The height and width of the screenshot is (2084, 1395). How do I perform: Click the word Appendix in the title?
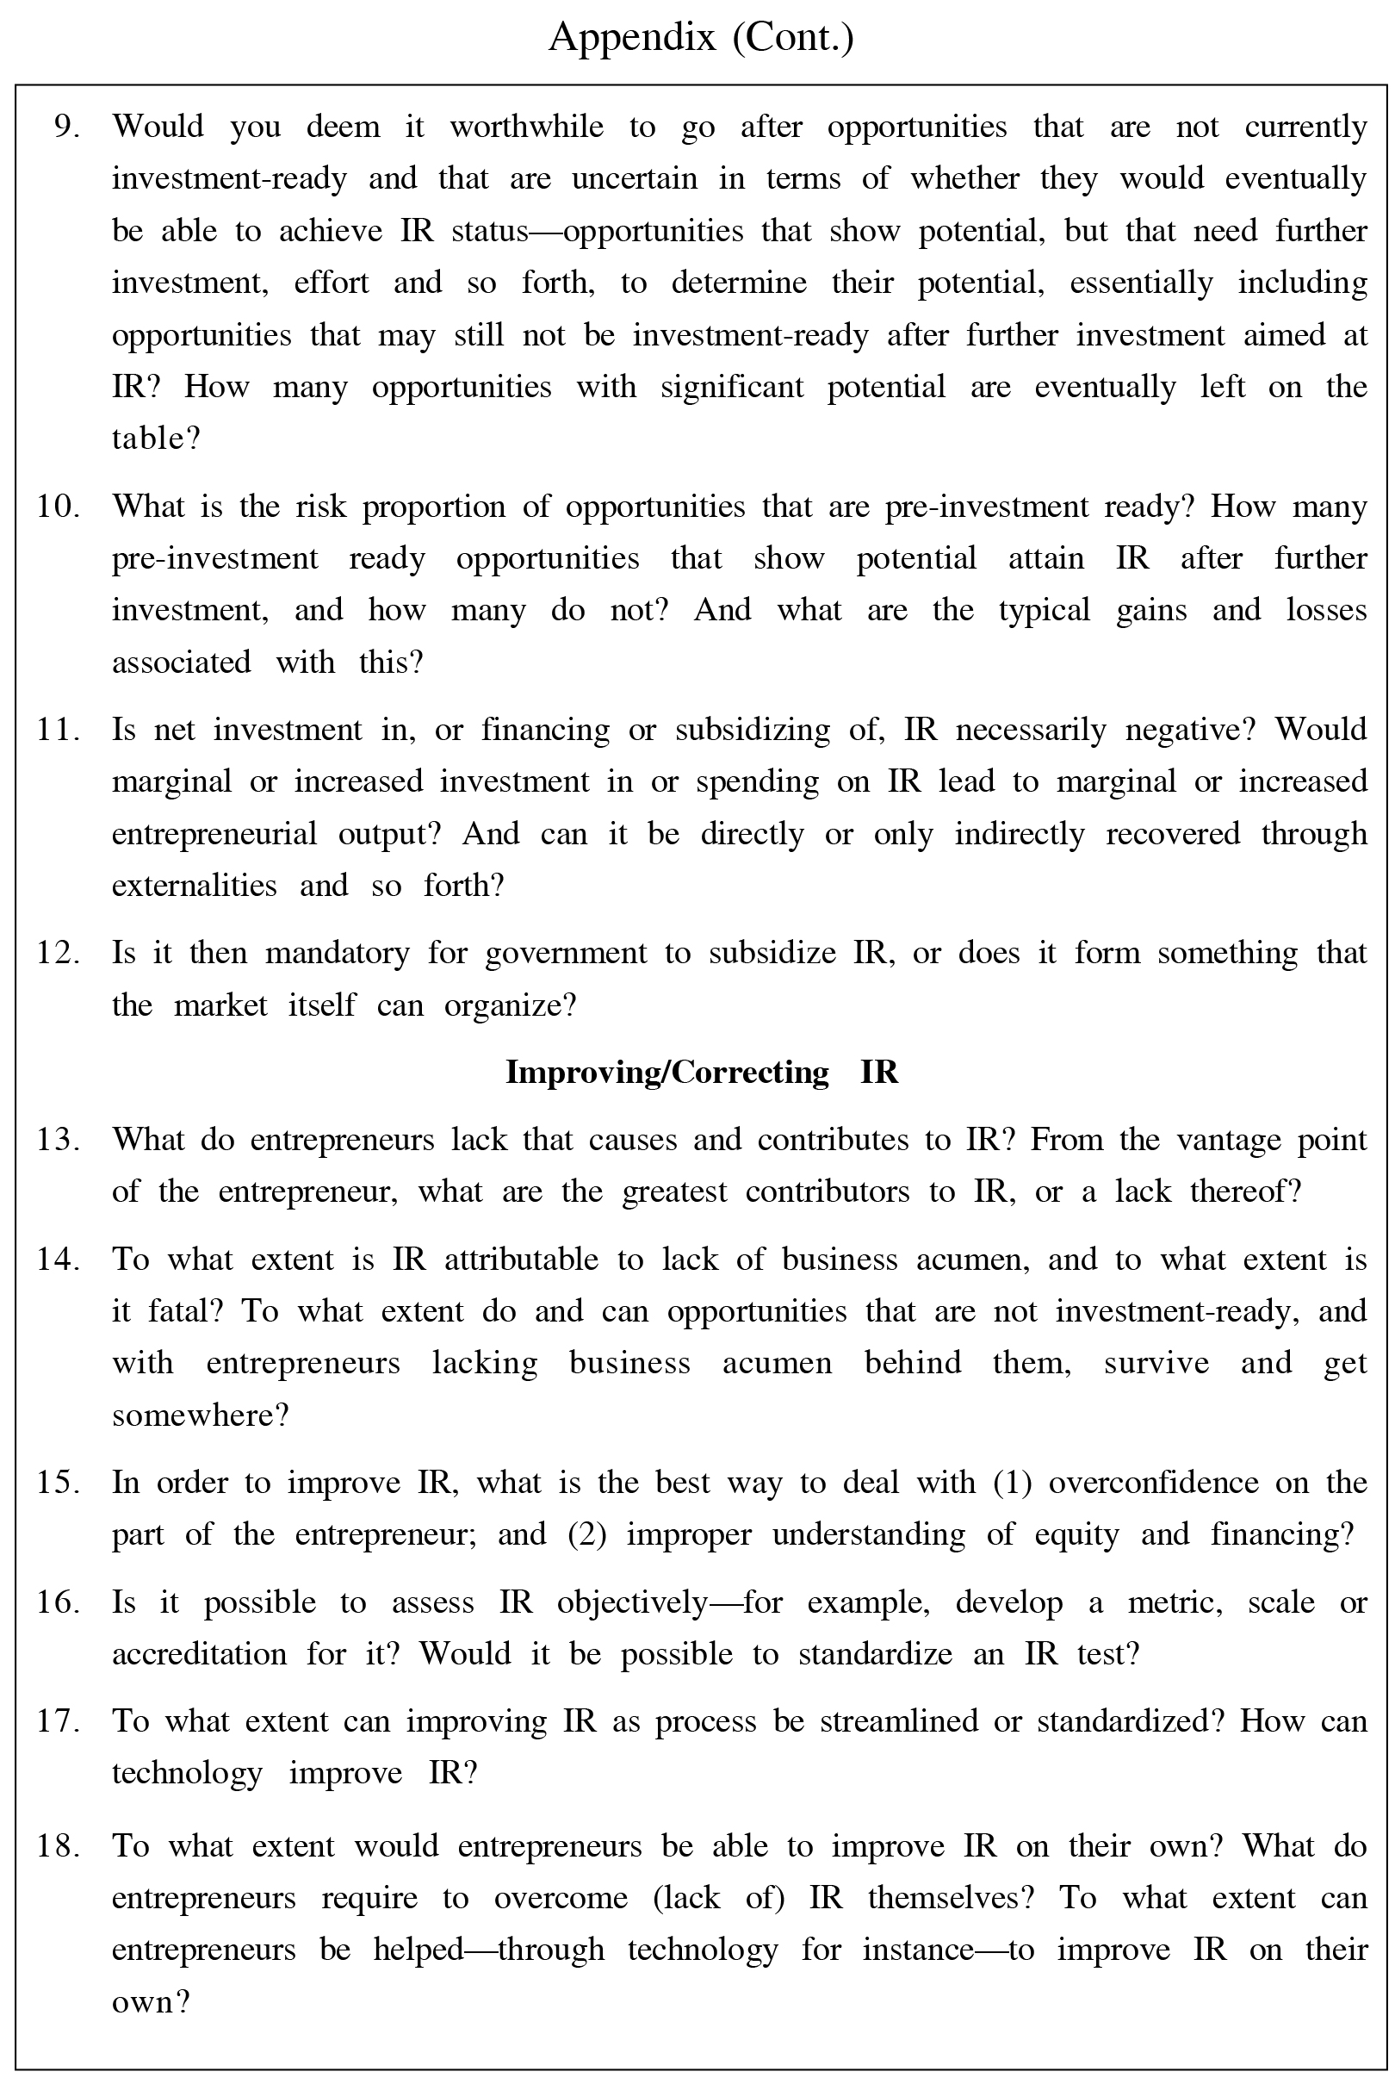(632, 37)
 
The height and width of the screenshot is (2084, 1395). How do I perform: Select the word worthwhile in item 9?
(526, 127)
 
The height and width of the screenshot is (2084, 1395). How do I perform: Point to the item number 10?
(58, 507)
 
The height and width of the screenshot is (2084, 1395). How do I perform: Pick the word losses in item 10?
(1325, 611)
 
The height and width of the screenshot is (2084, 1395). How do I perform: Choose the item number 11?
(58, 730)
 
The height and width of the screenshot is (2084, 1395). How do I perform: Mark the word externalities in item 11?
(194, 886)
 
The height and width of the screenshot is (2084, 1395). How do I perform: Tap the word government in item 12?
(566, 953)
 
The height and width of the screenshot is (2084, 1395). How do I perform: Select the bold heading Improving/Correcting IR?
(701, 1073)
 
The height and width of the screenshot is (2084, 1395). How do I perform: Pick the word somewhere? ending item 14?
(200, 1415)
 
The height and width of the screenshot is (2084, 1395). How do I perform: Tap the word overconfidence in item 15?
(1153, 1483)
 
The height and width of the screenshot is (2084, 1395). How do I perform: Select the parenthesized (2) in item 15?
(586, 1535)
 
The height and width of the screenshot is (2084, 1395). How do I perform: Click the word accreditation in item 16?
(199, 1654)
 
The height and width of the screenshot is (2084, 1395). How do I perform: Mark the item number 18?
(58, 1846)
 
